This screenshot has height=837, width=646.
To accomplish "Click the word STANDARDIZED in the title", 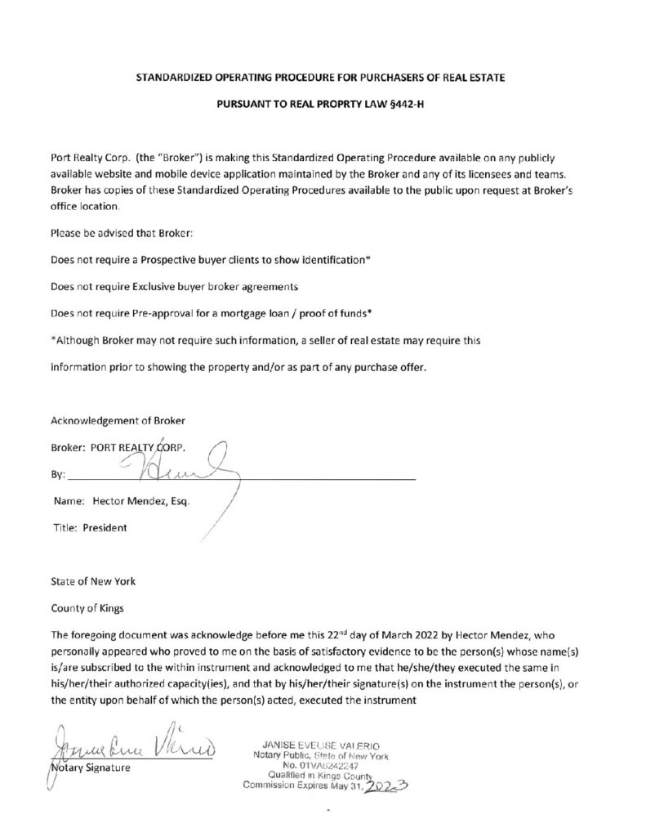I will click(179, 78).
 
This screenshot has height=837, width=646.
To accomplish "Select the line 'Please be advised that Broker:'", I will click(121, 235).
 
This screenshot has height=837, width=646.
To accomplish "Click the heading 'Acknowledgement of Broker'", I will click(118, 421).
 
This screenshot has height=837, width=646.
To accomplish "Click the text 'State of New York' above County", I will click(93, 581).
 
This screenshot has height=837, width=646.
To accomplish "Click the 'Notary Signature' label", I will click(89, 768).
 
